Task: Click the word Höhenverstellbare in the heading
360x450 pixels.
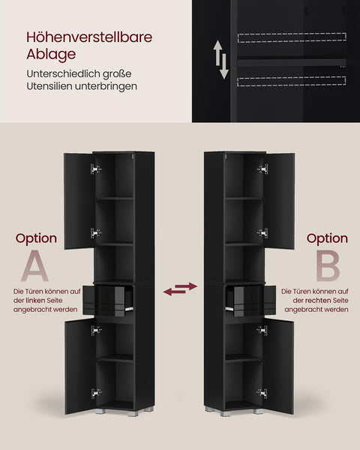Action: [x=83, y=37]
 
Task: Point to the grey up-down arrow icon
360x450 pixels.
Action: [x=221, y=60]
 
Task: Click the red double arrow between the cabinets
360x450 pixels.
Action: [x=180, y=288]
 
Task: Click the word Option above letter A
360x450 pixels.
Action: [x=36, y=238]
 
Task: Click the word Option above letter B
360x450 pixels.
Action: [x=327, y=238]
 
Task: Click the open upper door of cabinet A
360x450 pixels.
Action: [x=77, y=200]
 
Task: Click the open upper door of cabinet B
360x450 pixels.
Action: [x=280, y=200]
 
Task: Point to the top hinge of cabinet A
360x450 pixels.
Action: [x=95, y=169]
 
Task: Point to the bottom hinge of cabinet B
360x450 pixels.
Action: [x=262, y=392]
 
